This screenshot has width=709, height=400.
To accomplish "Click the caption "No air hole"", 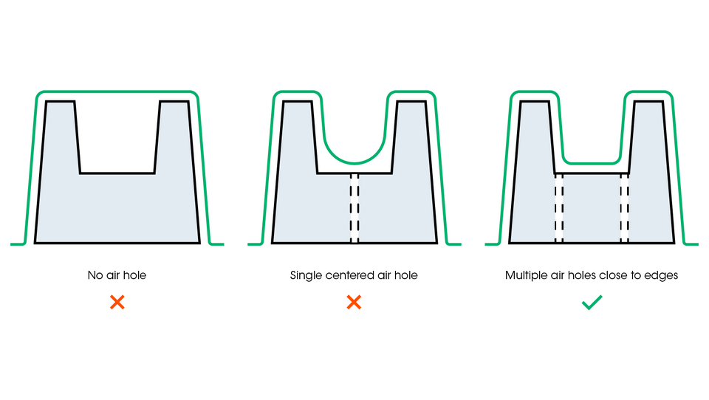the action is tap(117, 275).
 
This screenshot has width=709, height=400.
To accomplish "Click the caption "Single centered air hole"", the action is tap(354, 275).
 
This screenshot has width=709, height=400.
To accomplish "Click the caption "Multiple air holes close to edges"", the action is tap(592, 275).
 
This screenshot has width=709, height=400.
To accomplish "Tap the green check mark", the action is tap(592, 303).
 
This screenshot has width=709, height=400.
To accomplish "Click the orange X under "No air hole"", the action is tap(117, 303).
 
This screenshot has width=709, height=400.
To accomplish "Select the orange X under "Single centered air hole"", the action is tap(354, 303).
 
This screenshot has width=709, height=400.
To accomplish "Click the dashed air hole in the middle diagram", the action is tap(354, 208).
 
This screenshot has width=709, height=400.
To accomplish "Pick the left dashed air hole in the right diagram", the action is tap(559, 208).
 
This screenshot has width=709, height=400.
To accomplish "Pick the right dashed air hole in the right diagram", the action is tap(625, 208).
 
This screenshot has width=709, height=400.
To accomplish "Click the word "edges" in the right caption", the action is tap(662, 275).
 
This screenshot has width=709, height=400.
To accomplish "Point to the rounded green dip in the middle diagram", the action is tap(354, 162).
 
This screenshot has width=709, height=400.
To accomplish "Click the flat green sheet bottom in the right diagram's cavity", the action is tap(592, 162).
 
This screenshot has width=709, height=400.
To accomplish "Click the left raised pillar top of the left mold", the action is tap(60, 102).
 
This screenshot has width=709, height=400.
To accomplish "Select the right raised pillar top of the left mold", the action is tap(174, 102).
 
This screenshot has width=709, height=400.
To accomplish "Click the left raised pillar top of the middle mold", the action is tap(297, 102).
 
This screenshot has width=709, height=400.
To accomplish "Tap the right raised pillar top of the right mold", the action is tap(648, 102).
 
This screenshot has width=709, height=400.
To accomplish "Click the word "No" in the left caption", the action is tap(95, 275).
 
